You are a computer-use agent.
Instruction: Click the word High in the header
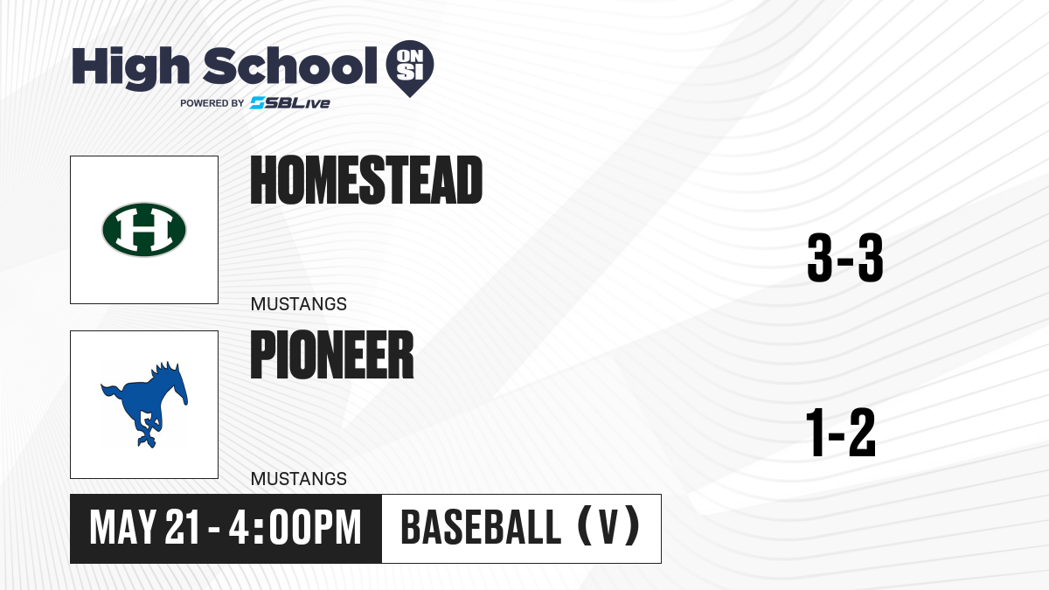[130, 68]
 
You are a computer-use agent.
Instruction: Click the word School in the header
[290, 66]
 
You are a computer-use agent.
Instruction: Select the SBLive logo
[290, 103]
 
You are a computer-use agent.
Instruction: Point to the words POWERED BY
[212, 103]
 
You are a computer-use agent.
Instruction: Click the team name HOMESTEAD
[366, 180]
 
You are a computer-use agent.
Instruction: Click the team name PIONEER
[332, 355]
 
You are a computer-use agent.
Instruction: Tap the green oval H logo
[144, 230]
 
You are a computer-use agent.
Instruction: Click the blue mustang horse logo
[144, 405]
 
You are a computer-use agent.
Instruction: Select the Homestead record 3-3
[845, 258]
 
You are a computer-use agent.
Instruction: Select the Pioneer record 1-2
[841, 433]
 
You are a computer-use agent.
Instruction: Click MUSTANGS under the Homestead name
[299, 304]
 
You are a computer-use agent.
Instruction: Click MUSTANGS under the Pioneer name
[299, 479]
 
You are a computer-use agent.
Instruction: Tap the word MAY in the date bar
[122, 527]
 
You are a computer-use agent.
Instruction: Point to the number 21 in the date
[183, 527]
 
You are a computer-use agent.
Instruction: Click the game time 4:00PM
[295, 527]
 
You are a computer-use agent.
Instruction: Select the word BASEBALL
[481, 527]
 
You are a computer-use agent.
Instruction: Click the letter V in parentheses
[608, 527]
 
